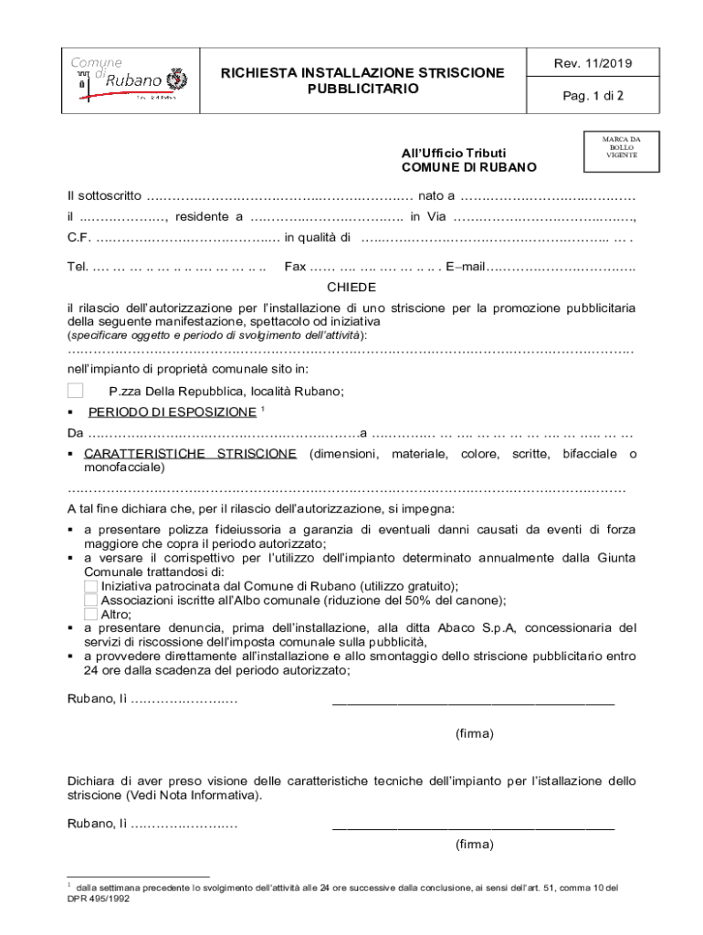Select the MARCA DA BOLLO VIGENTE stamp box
click(621, 148)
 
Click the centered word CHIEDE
click(351, 287)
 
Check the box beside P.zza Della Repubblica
click(76, 391)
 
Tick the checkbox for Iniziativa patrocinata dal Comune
click(90, 585)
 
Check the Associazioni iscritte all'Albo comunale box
click(90, 600)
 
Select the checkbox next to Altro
click(90, 615)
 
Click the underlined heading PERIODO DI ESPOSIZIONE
click(172, 412)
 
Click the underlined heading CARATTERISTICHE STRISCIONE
click(190, 454)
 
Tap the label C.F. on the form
click(79, 238)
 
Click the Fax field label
click(295, 267)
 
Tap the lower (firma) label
click(474, 845)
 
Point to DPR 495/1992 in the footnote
click(99, 898)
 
